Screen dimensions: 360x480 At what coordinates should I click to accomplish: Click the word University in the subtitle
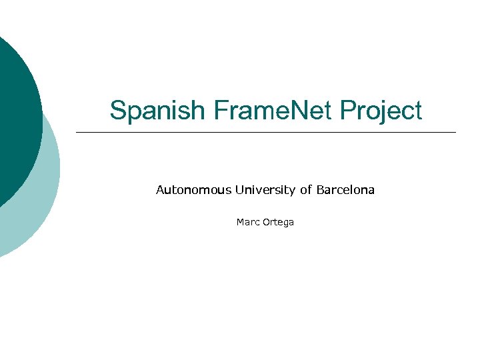pos(265,190)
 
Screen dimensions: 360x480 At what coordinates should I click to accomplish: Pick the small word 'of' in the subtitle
pos(305,190)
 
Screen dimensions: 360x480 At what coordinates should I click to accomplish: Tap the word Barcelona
pos(345,190)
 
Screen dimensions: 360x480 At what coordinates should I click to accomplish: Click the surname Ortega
pos(278,223)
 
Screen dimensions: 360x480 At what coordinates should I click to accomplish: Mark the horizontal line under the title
pos(267,132)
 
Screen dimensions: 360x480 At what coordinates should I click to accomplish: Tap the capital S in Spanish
pos(118,111)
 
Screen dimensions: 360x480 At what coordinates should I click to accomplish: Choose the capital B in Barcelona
pos(320,190)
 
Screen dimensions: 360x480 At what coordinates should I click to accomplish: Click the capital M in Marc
pos(240,222)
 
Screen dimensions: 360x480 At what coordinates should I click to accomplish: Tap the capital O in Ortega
pos(266,222)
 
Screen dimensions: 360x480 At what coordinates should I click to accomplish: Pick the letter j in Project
pos(383,112)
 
